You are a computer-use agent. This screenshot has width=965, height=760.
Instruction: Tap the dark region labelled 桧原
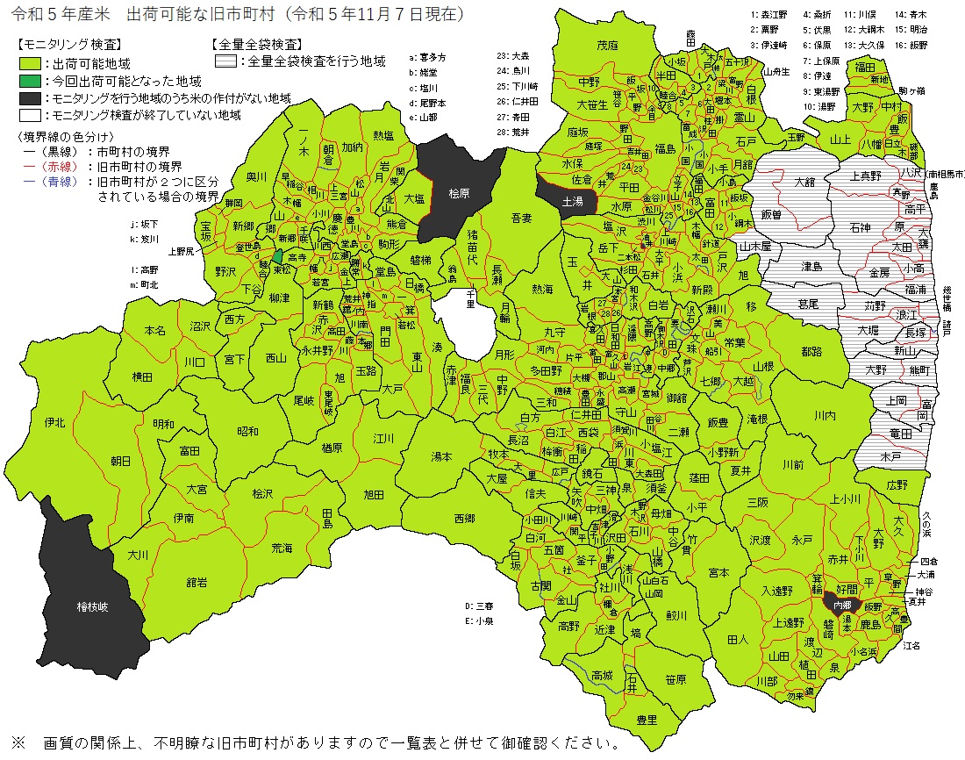[x=460, y=193]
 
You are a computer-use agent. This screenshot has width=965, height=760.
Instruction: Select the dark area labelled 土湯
[x=572, y=201]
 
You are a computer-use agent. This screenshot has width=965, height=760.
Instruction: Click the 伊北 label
[x=54, y=422]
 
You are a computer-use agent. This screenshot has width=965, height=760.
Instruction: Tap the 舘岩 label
[x=197, y=581]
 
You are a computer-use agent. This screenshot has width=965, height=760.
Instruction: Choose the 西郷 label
[x=464, y=519]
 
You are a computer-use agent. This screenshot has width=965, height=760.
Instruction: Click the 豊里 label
[x=647, y=720]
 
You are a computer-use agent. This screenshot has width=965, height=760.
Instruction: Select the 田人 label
[x=738, y=640]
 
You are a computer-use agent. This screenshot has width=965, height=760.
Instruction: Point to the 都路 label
[x=811, y=351]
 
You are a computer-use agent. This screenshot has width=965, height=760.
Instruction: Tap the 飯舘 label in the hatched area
[x=771, y=214]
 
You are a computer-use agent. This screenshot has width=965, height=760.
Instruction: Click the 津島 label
[x=811, y=265]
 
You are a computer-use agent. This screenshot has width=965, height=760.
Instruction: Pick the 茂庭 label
[x=607, y=45]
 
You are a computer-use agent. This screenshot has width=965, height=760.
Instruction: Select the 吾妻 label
[x=522, y=216]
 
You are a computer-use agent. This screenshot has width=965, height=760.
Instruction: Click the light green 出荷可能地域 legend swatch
[x=31, y=64]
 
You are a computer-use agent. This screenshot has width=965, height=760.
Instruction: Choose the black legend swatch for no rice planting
[x=31, y=98]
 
